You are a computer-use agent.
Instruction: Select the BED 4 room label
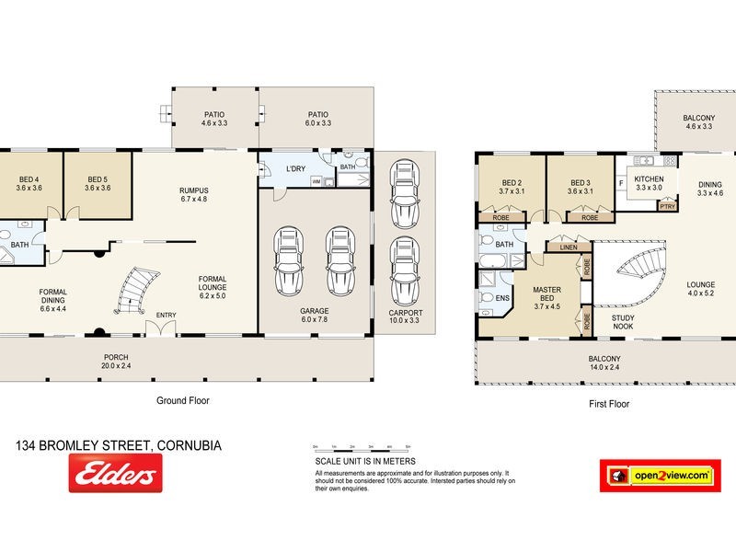point(29,183)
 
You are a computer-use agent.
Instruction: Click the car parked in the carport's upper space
point(405,193)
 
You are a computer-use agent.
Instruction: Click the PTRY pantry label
point(668,207)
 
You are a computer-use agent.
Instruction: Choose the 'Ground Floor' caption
point(184,401)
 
